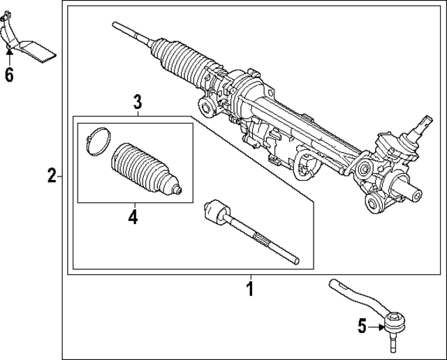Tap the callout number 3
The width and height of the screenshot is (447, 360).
138,103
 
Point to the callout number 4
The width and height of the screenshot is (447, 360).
133,217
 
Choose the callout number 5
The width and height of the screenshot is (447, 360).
362,325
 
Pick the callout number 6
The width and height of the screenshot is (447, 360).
9,74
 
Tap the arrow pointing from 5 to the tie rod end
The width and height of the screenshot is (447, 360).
376,325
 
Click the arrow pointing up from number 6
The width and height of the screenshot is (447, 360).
9,54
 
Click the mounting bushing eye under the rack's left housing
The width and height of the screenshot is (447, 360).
206,106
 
